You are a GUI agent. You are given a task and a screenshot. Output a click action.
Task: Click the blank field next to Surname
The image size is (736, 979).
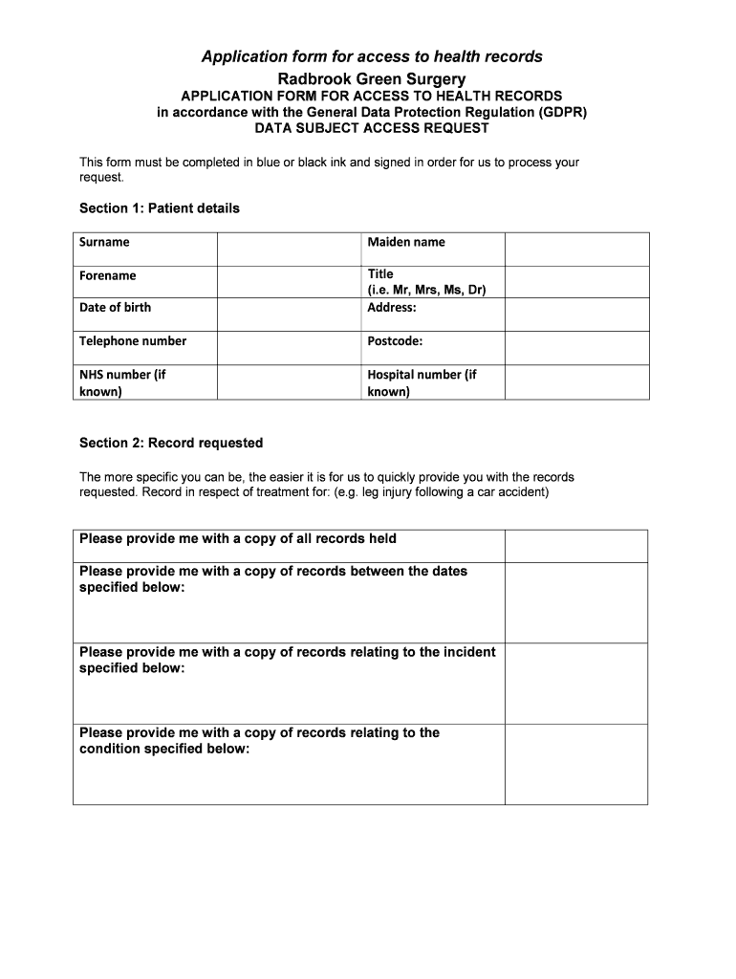click(x=289, y=249)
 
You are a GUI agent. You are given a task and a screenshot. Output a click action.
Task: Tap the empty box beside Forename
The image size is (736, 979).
click(x=289, y=281)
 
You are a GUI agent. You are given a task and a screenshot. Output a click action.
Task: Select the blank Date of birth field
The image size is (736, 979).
click(x=289, y=315)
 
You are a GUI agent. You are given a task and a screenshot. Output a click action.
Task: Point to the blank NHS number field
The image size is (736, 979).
click(x=289, y=381)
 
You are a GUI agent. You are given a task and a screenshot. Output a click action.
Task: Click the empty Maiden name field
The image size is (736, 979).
click(x=576, y=249)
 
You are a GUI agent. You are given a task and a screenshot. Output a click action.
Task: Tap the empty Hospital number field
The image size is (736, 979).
click(x=576, y=381)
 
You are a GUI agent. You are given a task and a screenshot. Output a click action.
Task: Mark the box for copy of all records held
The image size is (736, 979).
click(x=576, y=546)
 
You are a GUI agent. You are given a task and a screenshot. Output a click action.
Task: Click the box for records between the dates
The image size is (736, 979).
click(x=576, y=602)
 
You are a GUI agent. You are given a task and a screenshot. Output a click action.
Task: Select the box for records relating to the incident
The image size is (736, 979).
click(x=576, y=684)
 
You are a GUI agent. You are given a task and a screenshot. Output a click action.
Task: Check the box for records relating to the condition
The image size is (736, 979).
click(x=576, y=764)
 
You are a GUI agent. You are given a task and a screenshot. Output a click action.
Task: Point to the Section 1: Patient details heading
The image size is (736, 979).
click(x=160, y=208)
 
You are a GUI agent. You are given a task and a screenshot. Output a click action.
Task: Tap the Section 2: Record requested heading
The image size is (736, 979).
click(x=171, y=444)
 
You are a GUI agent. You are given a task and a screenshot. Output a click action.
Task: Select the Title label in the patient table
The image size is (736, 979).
click(x=380, y=274)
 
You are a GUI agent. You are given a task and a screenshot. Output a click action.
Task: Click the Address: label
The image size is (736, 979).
click(x=392, y=308)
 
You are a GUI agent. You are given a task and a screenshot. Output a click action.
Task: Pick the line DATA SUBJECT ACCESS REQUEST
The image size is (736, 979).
click(x=372, y=128)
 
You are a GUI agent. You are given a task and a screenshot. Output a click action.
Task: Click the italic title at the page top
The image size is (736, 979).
click(x=372, y=57)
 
